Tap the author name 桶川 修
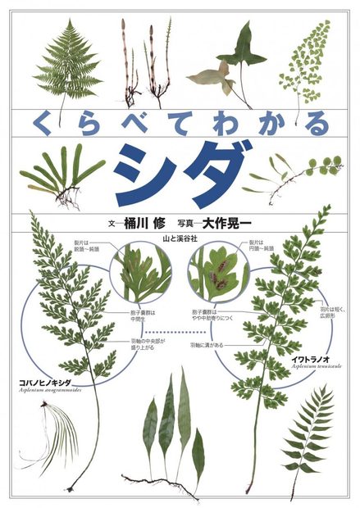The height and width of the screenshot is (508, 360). tap(145, 221)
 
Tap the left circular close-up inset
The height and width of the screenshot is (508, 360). tap(140, 274)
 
